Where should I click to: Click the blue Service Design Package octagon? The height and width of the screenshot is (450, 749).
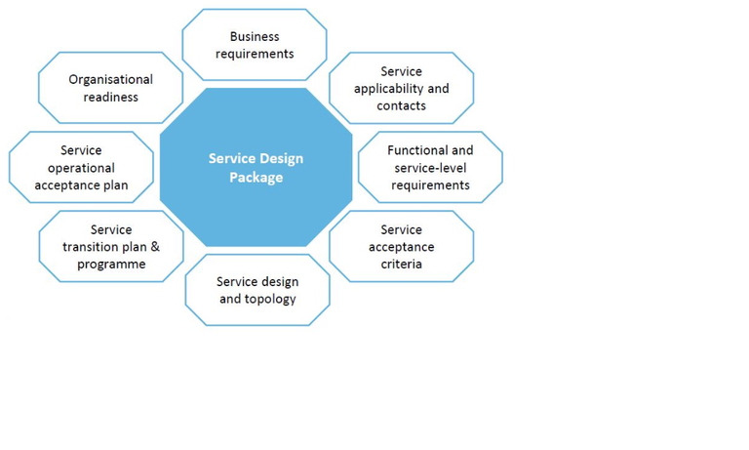[256, 167]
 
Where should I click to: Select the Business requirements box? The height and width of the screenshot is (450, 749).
[255, 45]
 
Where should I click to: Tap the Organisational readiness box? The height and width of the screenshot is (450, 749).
[111, 88]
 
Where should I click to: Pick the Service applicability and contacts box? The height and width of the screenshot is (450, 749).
[401, 88]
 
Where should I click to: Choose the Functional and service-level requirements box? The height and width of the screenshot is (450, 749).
[430, 167]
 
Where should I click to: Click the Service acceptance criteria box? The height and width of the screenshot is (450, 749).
[401, 246]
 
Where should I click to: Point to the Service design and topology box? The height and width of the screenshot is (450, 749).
[257, 290]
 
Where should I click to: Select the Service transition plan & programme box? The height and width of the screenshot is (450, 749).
[111, 246]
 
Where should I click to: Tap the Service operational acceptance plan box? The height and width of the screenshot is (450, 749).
[81, 167]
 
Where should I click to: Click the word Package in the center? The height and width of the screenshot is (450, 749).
[256, 178]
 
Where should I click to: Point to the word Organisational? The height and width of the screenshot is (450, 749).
[111, 79]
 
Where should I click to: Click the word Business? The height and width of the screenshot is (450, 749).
[255, 36]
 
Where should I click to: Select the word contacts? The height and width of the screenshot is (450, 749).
[401, 105]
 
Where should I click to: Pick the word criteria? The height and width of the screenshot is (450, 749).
[401, 264]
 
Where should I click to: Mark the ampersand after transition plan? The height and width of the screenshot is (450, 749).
[155, 247]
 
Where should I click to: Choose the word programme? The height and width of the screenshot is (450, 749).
[111, 265]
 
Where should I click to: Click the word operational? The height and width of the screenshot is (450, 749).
[81, 168]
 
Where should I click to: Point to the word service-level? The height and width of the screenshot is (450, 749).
[430, 168]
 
